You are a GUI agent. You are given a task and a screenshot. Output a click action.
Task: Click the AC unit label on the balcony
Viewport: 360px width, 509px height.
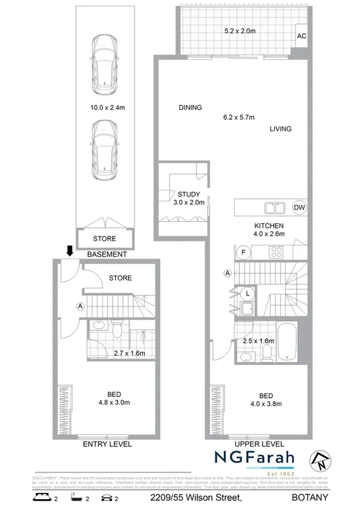[x=301, y=37]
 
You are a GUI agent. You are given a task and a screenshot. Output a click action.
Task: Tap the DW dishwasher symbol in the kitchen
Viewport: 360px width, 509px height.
[x=299, y=207]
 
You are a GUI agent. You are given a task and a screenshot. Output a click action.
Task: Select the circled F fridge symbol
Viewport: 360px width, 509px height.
[x=244, y=253]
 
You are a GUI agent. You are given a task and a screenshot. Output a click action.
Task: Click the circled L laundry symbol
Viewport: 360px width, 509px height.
[x=247, y=292]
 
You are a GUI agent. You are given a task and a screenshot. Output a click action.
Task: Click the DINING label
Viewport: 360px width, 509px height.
[x=191, y=108]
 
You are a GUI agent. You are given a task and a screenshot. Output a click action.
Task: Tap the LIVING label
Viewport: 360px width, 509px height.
[x=281, y=129]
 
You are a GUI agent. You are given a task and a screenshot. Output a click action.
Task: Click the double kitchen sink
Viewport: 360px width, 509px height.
[x=275, y=207]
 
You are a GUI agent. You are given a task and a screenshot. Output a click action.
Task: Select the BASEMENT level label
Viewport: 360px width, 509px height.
[x=107, y=254]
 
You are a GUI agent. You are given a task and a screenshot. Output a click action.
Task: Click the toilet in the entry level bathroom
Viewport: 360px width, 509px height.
[x=116, y=331]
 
